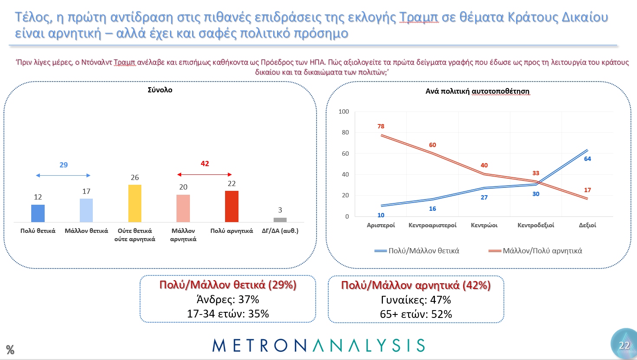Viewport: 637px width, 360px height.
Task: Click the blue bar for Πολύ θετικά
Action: click(38, 213)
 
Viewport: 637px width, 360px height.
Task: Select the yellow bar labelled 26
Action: click(135, 203)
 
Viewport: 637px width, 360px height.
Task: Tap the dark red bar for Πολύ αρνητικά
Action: click(232, 206)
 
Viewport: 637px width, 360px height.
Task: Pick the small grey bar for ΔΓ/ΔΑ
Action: click(280, 220)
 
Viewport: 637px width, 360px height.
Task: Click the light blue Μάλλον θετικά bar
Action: click(86, 210)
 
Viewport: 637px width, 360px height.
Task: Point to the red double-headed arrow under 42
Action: click(205, 174)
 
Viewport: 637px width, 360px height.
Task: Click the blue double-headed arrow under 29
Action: click(63, 175)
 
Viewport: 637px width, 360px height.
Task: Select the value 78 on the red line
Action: click(381, 126)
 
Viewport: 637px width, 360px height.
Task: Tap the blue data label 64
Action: click(588, 159)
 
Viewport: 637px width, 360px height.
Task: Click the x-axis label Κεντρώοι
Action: click(484, 226)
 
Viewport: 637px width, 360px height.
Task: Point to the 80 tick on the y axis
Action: click(345, 133)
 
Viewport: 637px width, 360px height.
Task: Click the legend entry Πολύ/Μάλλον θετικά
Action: click(417, 251)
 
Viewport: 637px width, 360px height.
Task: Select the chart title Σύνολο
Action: click(160, 90)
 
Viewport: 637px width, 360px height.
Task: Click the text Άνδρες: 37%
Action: click(228, 300)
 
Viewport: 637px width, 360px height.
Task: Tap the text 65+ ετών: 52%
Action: click(416, 314)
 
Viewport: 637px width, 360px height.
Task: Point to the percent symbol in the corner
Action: click(10, 350)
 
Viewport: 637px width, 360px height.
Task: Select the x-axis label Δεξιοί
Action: click(588, 226)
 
